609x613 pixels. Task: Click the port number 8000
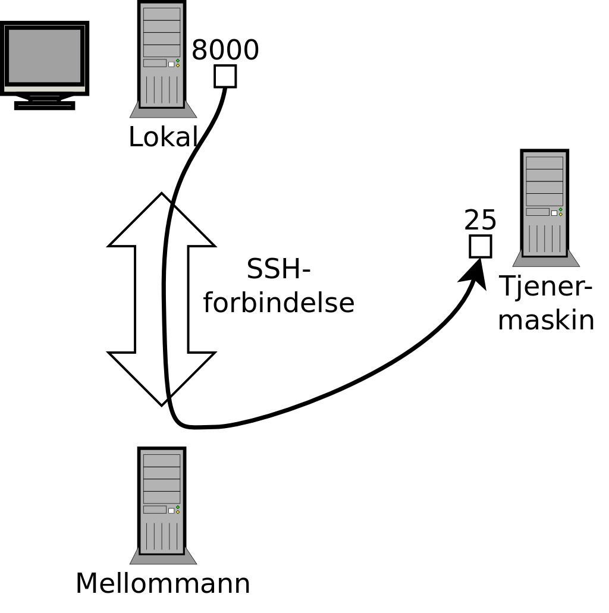[x=225, y=51]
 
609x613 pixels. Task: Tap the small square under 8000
[x=225, y=76]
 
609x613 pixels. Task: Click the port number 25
[x=480, y=221]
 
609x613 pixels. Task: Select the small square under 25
[x=480, y=246]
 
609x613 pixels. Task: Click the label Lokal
[x=162, y=137]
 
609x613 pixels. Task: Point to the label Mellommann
[x=162, y=583]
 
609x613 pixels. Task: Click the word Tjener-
[x=545, y=287]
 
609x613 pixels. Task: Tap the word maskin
[x=545, y=320]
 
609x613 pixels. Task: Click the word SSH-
[x=278, y=269]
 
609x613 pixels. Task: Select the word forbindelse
[x=278, y=302]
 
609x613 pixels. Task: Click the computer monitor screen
[x=45, y=56]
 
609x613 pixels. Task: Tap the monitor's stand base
[x=45, y=105]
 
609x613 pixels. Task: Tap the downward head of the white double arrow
[x=161, y=378]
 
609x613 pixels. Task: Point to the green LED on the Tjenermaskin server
[x=560, y=209]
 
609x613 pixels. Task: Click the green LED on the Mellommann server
[x=177, y=507]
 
